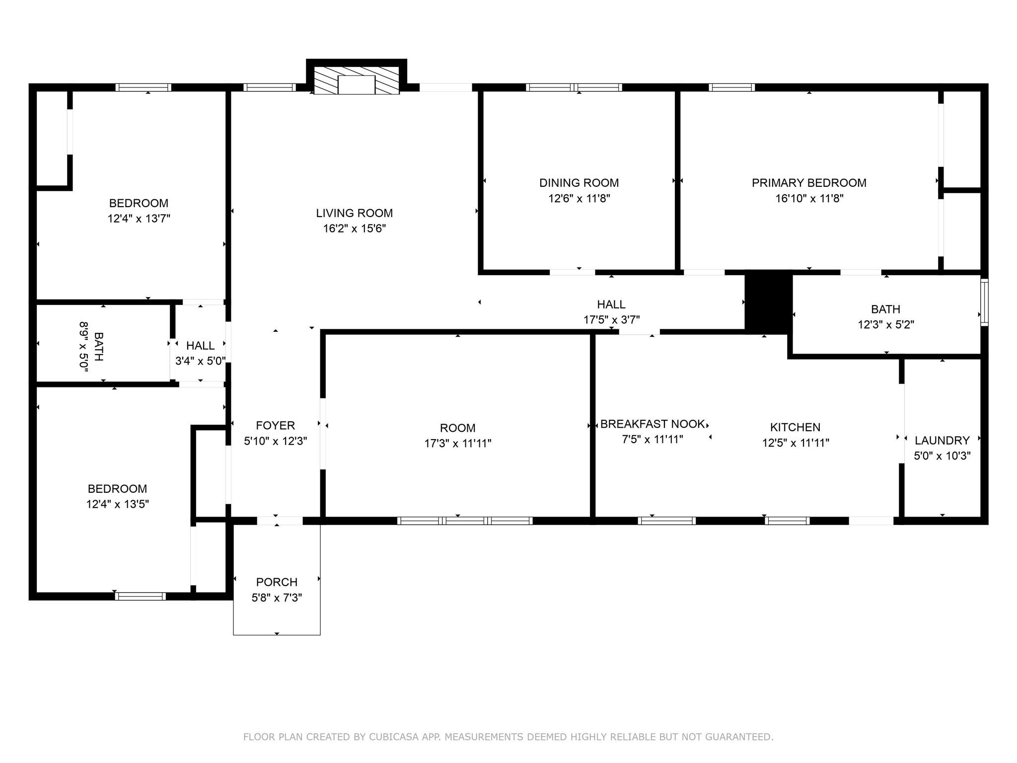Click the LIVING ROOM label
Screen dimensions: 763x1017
pos(354,213)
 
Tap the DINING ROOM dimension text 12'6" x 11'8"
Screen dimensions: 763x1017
pos(579,199)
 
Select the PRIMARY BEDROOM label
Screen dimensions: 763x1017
pos(809,183)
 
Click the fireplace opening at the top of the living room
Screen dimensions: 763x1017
pos(356,85)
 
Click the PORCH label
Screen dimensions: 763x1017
pos(277,582)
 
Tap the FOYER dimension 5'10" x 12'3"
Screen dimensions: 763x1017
pos(276,441)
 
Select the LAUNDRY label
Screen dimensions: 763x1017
pos(942,440)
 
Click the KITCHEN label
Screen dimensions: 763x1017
pos(795,427)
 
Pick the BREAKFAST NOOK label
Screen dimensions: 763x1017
pos(652,424)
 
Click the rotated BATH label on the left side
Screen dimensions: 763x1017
pos(98,347)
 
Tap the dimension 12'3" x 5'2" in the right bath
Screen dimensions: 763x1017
pos(886,325)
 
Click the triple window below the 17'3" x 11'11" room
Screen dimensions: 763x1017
pos(465,521)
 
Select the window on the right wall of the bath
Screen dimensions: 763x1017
pos(984,302)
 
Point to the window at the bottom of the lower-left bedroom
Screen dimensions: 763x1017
pos(141,596)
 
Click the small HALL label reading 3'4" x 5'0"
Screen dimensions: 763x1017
pos(201,346)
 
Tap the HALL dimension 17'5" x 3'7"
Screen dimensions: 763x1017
pos(611,320)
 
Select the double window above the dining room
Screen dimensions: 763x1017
pos(574,87)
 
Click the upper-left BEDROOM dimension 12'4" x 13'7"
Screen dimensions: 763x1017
pos(139,219)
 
